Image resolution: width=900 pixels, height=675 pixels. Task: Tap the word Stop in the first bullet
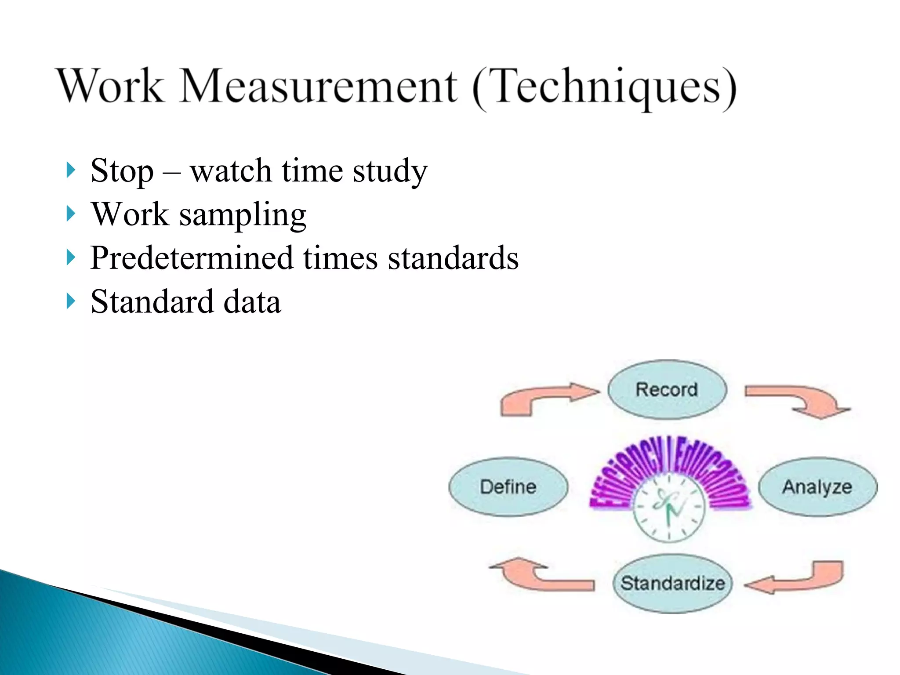(122, 171)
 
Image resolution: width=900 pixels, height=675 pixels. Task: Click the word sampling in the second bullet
(243, 215)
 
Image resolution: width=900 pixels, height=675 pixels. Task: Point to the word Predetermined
(191, 258)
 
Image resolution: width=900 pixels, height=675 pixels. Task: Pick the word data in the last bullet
(252, 302)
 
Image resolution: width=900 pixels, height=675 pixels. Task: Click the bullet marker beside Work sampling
(70, 214)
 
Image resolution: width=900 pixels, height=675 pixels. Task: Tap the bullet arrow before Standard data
(70, 301)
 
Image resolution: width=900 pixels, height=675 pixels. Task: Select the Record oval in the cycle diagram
(667, 389)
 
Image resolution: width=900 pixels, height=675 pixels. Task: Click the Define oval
(508, 487)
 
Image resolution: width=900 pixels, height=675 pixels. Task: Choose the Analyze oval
(817, 487)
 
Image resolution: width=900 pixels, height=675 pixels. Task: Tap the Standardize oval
(672, 584)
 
